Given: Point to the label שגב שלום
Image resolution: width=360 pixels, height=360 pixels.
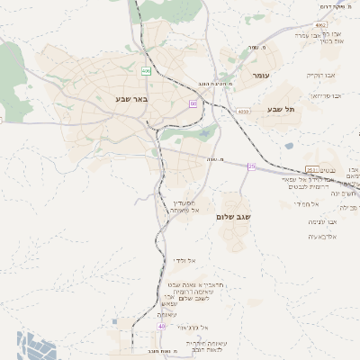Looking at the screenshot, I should pos(232,217).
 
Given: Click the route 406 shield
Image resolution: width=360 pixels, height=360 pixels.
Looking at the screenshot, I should pos(146,69).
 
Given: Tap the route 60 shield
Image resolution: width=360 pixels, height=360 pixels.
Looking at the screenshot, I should pos(193,103).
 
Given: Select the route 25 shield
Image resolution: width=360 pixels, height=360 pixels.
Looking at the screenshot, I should pos(252,166).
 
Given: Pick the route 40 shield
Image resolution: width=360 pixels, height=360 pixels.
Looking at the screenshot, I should pos(161,326).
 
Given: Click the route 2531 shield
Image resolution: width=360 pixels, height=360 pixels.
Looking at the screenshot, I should pos(310,168).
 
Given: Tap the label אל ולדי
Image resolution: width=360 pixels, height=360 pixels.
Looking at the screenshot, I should pos(185,259).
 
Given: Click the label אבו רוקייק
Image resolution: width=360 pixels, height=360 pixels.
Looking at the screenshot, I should pos(319,75).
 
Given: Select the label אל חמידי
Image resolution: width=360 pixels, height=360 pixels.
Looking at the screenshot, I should pos(314,204).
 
